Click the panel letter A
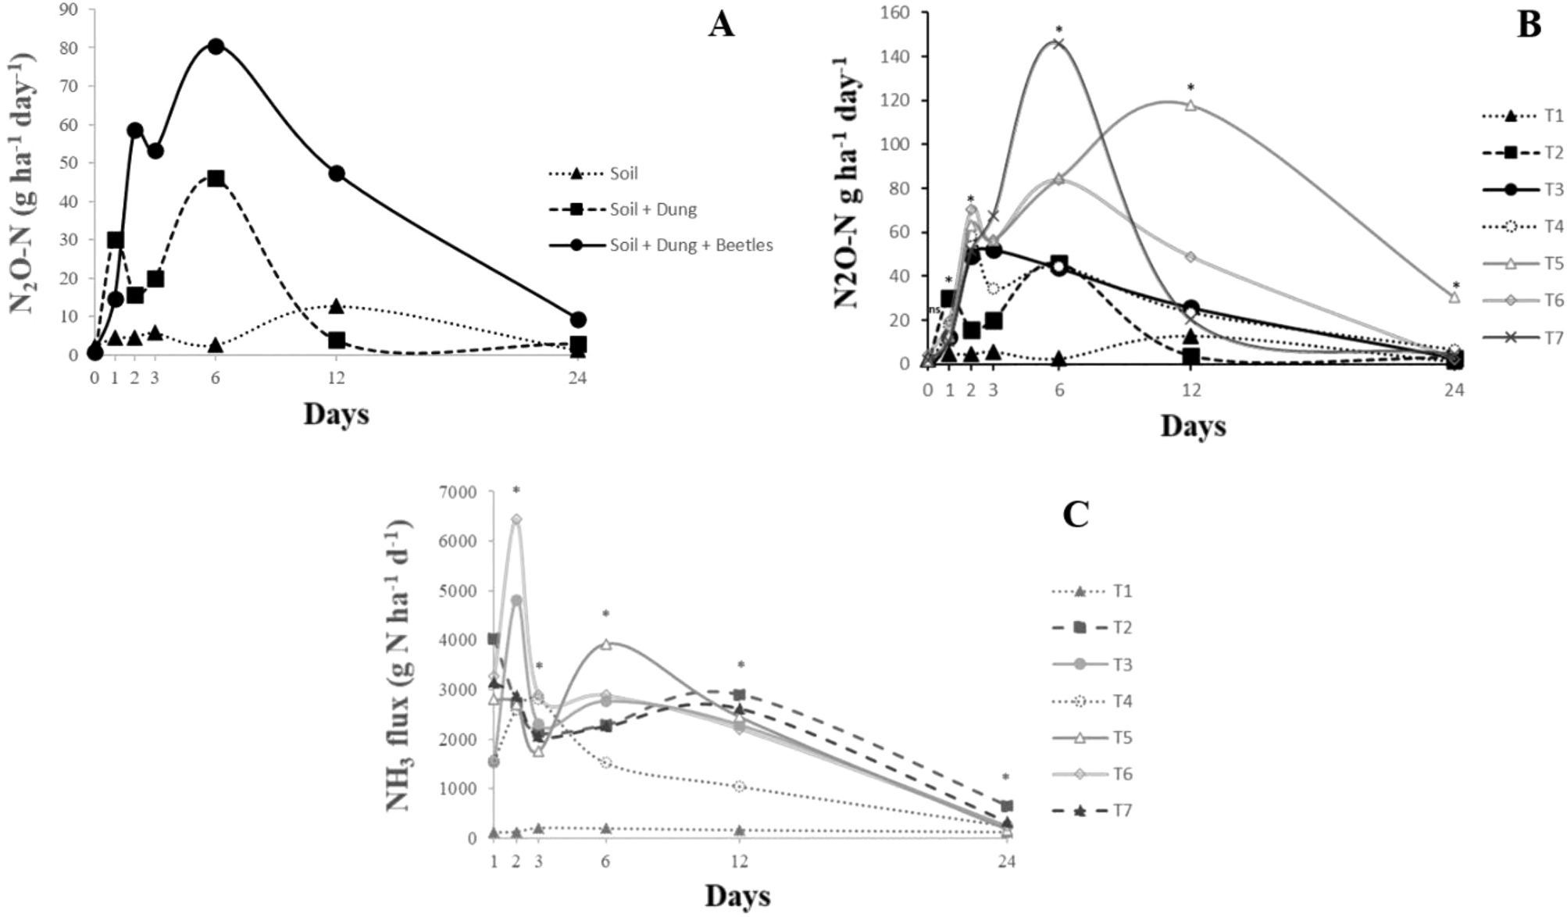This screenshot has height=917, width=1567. pos(721,25)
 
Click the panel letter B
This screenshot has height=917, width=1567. pos(1529,25)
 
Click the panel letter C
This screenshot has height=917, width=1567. pos(1076,515)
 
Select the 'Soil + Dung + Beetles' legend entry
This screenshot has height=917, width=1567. pos(691,245)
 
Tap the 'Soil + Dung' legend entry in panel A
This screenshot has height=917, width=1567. pos(652,209)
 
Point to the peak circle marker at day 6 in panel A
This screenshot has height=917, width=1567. pos(216,46)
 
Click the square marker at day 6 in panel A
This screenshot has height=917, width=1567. pos(216,178)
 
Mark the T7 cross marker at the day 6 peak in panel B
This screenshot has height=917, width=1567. pos(1058,43)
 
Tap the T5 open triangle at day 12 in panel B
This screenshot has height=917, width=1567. pos(1190,105)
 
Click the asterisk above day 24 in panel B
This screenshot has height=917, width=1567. pos(1455,286)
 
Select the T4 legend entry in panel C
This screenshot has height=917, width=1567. pos(1122,701)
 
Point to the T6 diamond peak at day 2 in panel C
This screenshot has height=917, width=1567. pos(516,519)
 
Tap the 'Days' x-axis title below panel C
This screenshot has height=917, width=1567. pos(737,896)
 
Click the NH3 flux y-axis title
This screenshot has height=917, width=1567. pos(400,665)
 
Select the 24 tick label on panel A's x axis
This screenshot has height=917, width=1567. pos(577,379)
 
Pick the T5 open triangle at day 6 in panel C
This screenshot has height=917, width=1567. pos(605,644)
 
